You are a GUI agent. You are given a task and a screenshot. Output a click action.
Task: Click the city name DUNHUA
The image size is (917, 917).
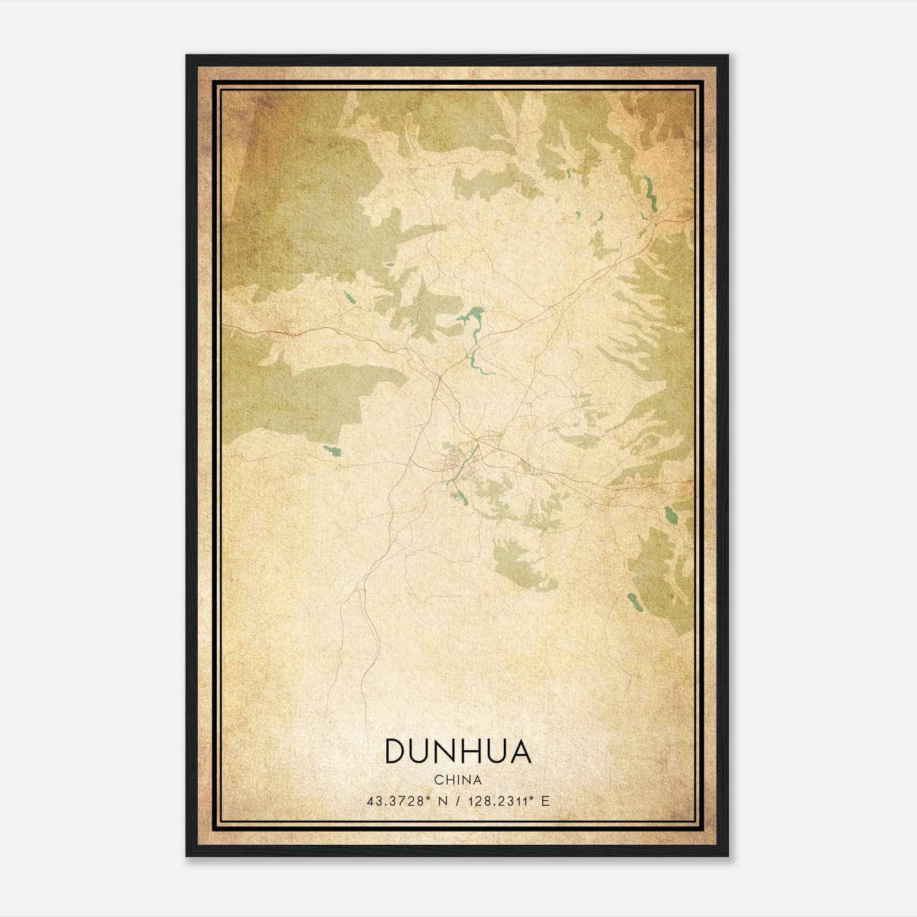tap(458, 752)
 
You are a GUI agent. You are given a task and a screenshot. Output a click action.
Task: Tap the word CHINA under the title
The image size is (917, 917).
tap(458, 780)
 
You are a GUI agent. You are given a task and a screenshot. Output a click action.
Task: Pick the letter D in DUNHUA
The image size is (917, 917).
tap(396, 752)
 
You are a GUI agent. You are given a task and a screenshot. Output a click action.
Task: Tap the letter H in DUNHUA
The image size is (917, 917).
tap(468, 752)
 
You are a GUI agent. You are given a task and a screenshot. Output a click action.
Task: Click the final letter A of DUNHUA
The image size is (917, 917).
tap(520, 752)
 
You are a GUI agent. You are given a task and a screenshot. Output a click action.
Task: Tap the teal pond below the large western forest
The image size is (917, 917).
tap(331, 451)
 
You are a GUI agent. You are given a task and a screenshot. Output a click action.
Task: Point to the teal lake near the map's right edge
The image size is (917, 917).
tap(669, 515)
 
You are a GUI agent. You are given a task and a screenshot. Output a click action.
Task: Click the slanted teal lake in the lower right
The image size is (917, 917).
tap(633, 602)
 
